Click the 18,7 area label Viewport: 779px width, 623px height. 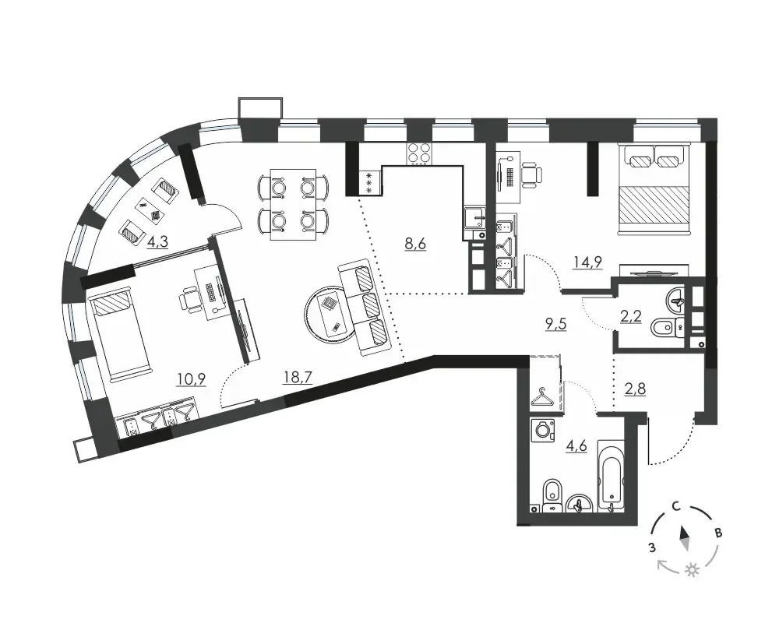(297, 378)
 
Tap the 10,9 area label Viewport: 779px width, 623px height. (192, 379)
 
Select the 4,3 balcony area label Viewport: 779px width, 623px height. (157, 242)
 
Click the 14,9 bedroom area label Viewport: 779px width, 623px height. (587, 262)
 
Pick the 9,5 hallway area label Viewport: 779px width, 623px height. (555, 325)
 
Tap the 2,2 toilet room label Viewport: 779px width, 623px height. (631, 316)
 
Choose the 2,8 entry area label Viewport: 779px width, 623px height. (635, 389)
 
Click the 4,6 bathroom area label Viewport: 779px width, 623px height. (576, 445)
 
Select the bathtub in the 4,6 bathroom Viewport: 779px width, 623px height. (610, 476)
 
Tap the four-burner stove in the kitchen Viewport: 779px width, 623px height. (419, 153)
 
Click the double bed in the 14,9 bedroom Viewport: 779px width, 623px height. (654, 188)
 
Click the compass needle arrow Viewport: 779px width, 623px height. (685, 539)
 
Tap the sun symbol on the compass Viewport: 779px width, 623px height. (692, 570)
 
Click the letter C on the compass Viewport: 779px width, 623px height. (676, 506)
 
